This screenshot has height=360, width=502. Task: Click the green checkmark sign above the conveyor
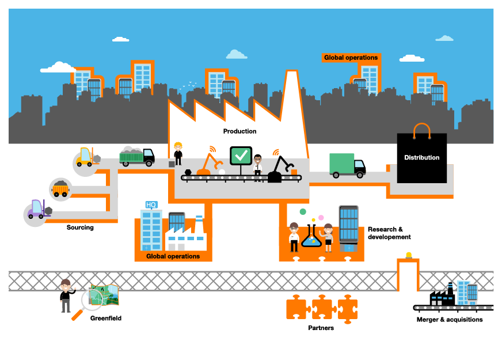tap(241, 156)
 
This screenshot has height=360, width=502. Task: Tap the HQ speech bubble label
tap(151, 205)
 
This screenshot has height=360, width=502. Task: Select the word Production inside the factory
tap(239, 131)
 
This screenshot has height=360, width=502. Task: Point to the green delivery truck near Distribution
tap(347, 165)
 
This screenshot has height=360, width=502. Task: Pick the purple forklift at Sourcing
tap(39, 210)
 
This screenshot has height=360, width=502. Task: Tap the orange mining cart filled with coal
tap(60, 188)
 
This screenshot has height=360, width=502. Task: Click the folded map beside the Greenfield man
tap(105, 295)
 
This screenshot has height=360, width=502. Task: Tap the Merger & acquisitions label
tap(450, 320)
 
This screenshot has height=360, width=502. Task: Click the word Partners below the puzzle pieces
tap(321, 328)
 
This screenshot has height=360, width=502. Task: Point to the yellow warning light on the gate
tap(409, 255)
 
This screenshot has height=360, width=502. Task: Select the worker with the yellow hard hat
tap(178, 154)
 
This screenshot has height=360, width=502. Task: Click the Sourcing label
tap(80, 228)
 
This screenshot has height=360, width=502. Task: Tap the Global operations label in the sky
tap(351, 58)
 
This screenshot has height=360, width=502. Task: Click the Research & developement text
tap(389, 233)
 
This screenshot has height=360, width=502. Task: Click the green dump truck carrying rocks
tap(137, 156)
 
